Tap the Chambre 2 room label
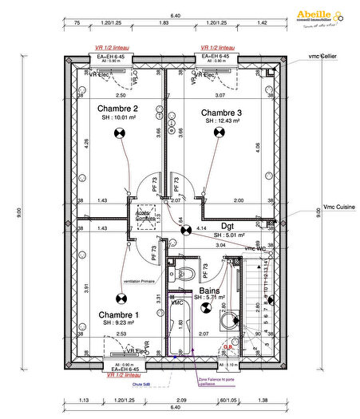[x=118, y=109]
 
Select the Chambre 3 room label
[x=221, y=112]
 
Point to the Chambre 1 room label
[x=118, y=315]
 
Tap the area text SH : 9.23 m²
[x=120, y=324]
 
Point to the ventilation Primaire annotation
[x=140, y=280]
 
